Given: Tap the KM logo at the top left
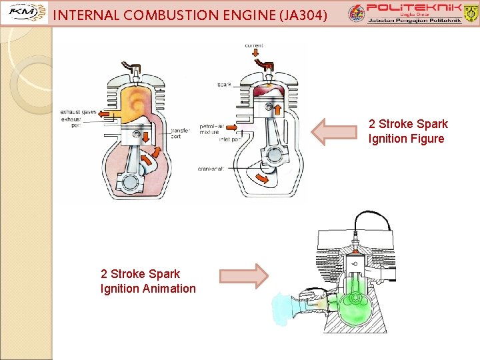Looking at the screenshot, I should click(27, 13).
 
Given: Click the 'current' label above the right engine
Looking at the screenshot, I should click(254, 45).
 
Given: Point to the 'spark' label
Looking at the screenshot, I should click(224, 85).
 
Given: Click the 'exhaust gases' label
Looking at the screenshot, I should click(78, 112).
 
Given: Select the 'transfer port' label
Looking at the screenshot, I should click(181, 133).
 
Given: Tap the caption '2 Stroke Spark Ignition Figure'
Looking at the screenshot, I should click(407, 131).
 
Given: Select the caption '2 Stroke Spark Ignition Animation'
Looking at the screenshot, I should click(148, 281).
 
